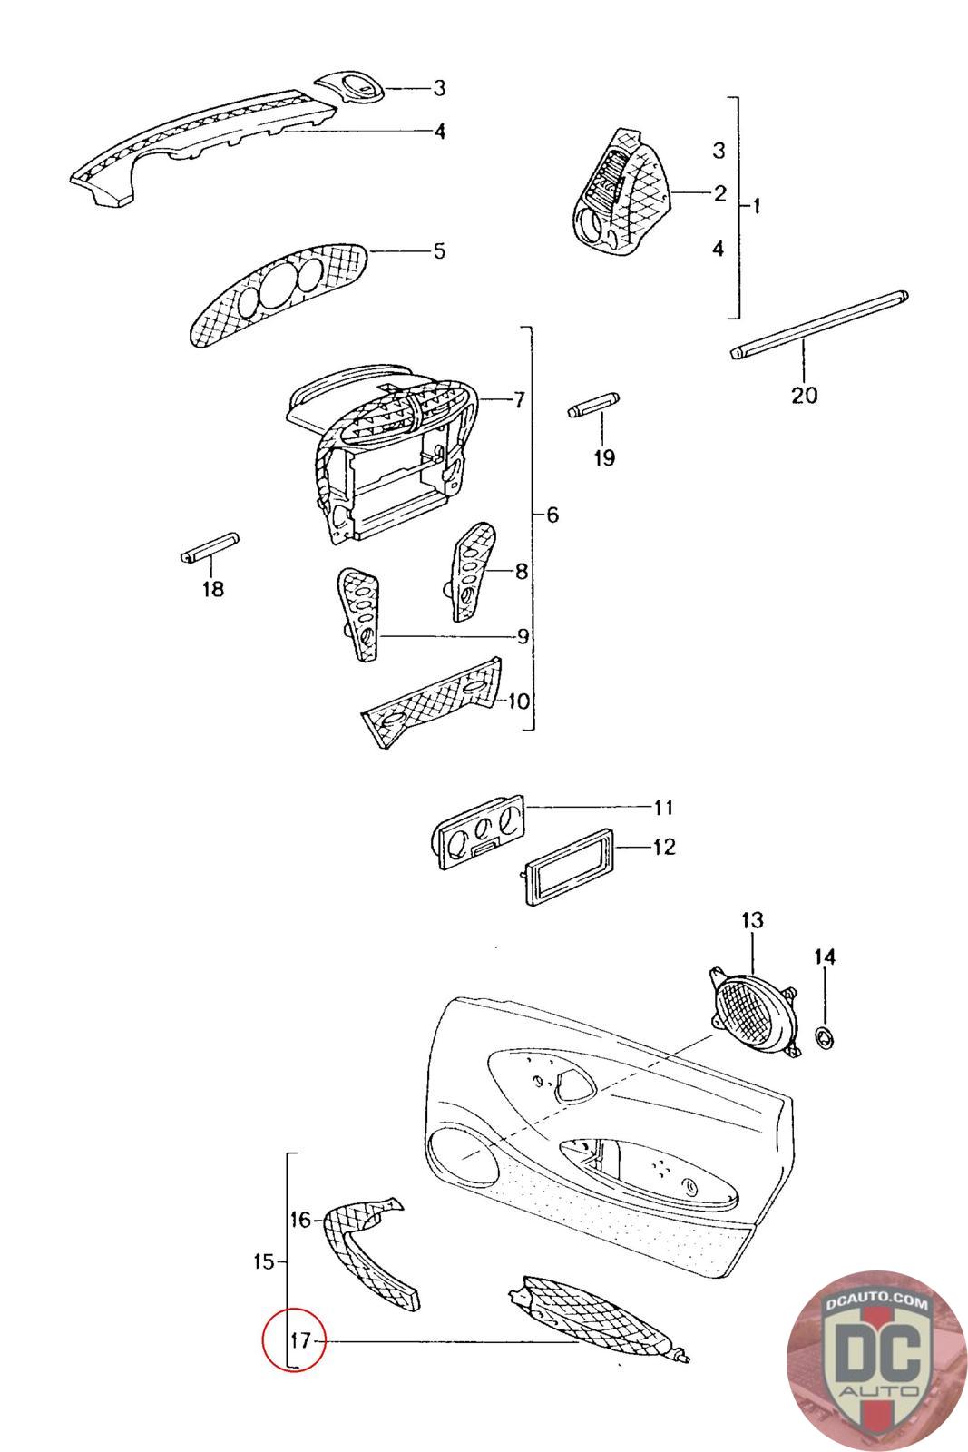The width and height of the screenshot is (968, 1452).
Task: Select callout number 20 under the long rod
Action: (804, 395)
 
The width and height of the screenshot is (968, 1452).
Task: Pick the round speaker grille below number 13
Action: (754, 1011)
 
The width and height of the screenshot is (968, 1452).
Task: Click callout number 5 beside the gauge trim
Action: (440, 250)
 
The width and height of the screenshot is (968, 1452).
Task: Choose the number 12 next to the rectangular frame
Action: (664, 847)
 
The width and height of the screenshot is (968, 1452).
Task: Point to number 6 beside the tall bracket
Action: (552, 515)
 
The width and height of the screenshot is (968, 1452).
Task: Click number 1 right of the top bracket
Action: (757, 206)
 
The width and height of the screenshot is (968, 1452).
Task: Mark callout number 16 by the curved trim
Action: (300, 1220)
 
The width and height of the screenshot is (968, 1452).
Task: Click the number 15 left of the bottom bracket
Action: (264, 1261)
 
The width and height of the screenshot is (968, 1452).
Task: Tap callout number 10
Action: (518, 701)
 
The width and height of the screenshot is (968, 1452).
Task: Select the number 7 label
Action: (519, 399)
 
